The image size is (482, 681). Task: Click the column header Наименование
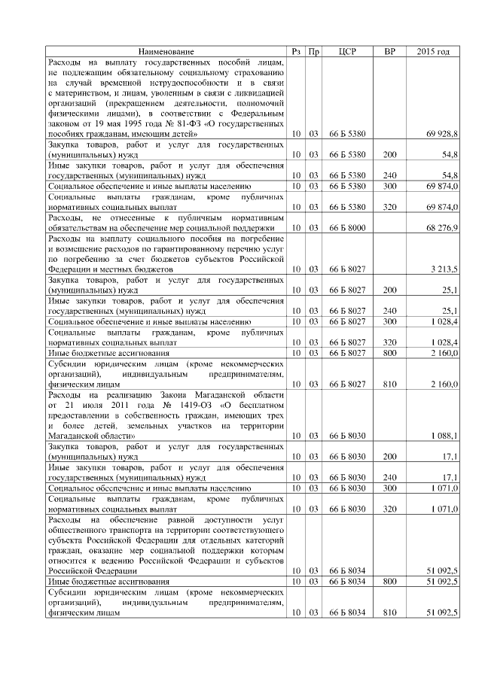click(166, 51)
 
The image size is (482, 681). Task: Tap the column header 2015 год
click(432, 51)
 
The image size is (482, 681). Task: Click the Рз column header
click(296, 51)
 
